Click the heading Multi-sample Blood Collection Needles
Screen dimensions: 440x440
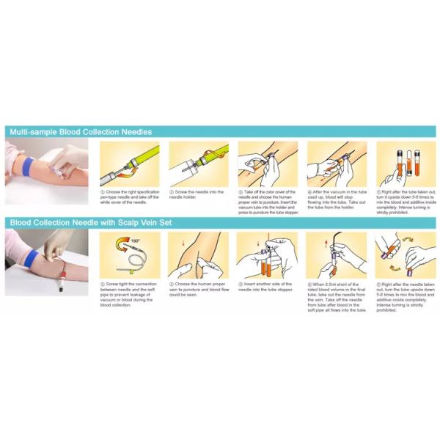coord(81,132)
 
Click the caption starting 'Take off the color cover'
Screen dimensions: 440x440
coord(267,202)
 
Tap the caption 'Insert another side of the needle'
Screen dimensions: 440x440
coord(267,287)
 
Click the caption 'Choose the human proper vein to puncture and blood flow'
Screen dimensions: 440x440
coord(197,287)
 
